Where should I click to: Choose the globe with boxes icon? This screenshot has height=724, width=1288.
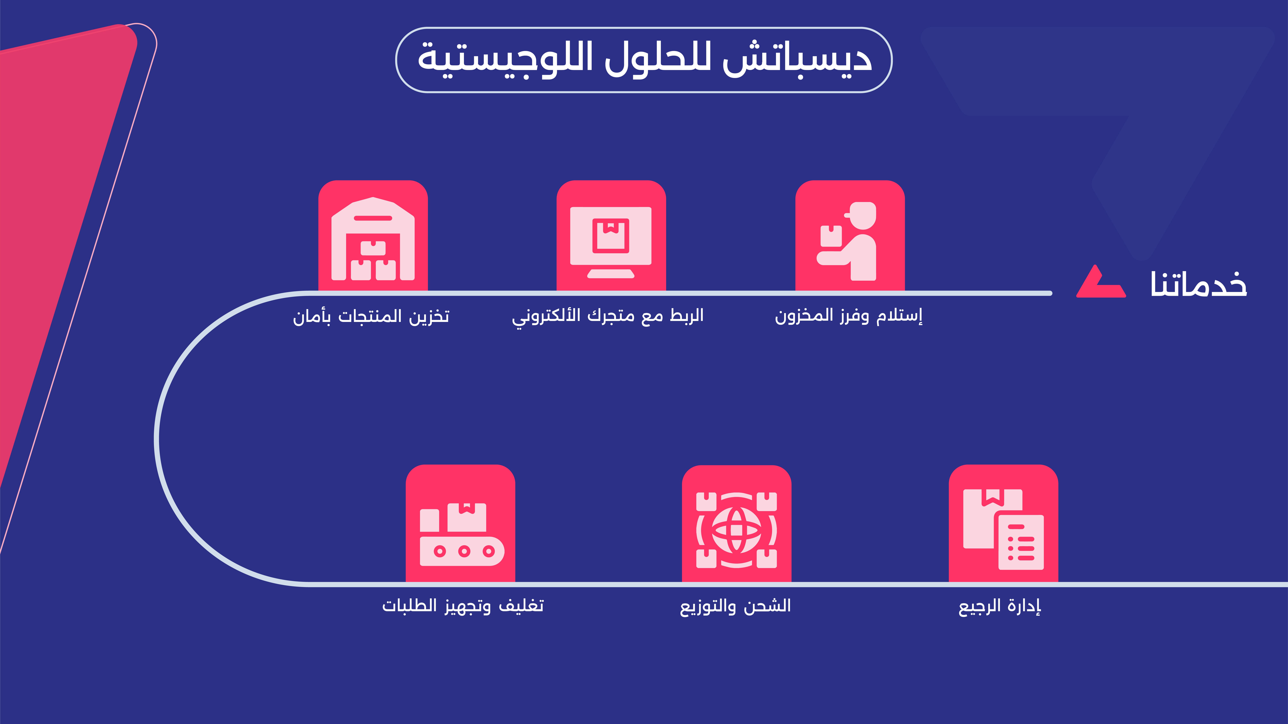coord(736,530)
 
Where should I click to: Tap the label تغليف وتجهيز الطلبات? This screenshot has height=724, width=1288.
coord(462,606)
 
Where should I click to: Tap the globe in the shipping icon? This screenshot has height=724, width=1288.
coord(736,530)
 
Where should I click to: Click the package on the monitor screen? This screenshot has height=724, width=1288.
coord(610,235)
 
